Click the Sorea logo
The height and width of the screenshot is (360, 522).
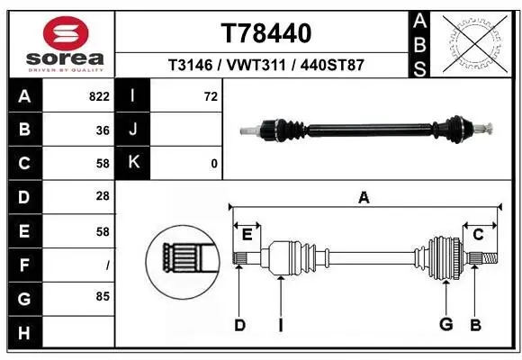(x=59, y=43)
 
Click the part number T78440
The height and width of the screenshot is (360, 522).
(x=265, y=33)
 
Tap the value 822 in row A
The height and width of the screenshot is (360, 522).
(x=99, y=96)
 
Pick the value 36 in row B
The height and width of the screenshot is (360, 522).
(x=103, y=130)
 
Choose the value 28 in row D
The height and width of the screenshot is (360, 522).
(x=103, y=197)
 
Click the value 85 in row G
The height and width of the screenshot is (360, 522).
(x=103, y=295)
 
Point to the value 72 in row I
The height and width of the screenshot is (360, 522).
(x=211, y=96)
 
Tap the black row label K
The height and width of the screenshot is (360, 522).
(x=134, y=163)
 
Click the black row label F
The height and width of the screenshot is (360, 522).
(x=23, y=264)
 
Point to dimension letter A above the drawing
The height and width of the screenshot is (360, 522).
(x=364, y=198)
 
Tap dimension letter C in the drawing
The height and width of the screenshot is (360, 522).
(x=478, y=235)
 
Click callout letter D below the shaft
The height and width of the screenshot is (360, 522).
(x=239, y=325)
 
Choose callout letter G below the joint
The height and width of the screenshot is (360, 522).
(x=445, y=325)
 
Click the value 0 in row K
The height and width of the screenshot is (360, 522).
(x=213, y=164)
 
